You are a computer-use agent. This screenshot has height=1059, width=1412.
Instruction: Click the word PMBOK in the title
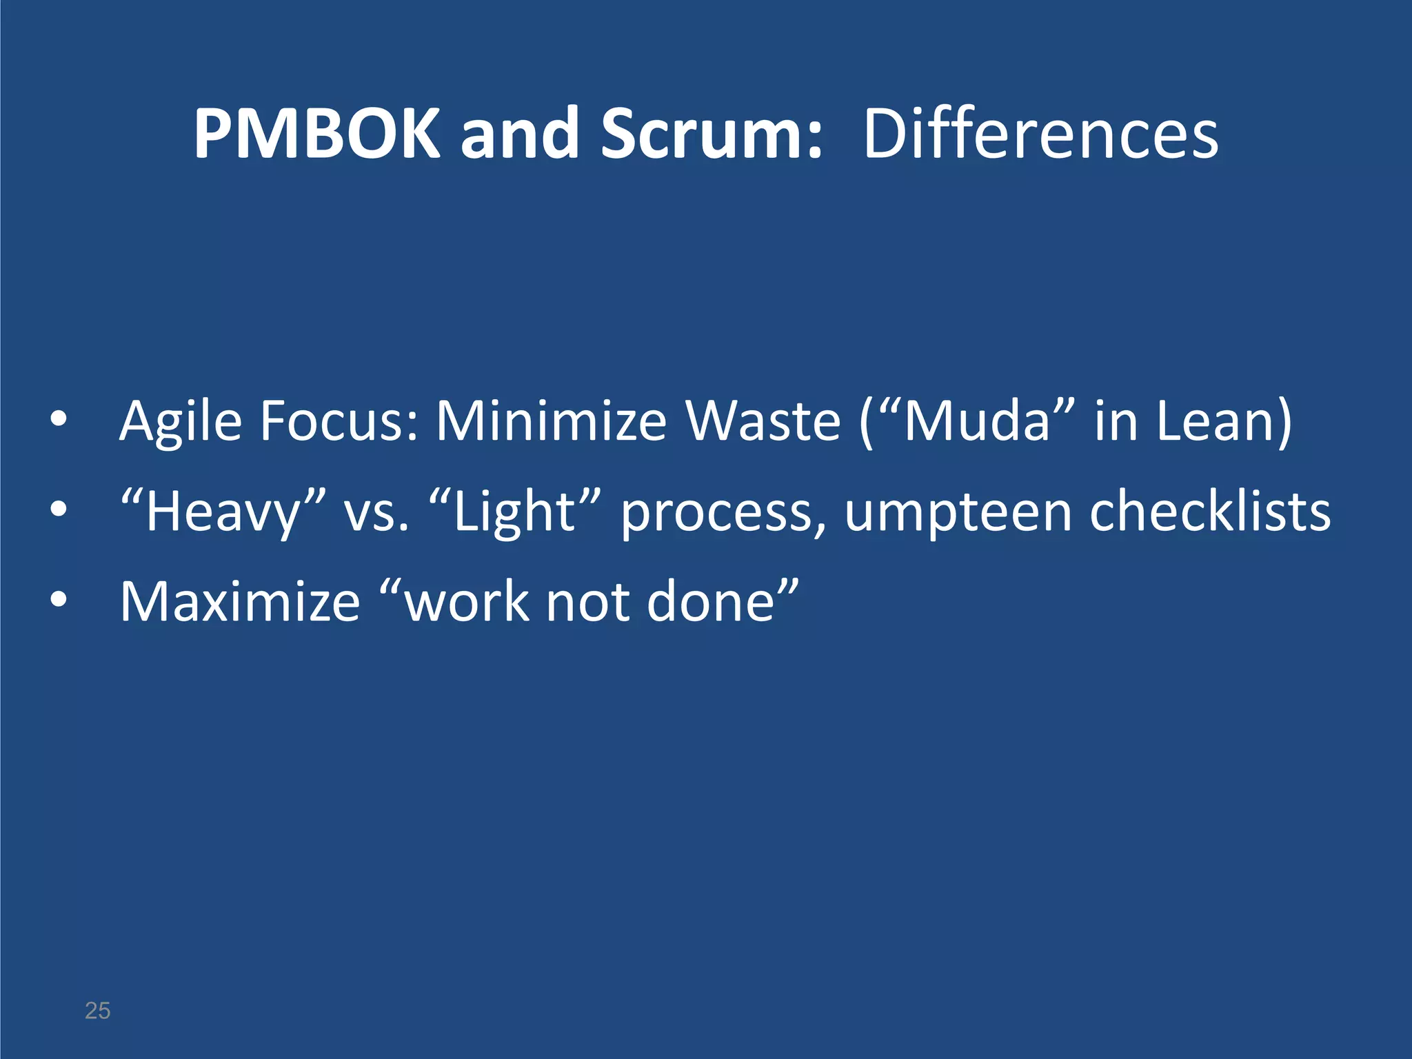point(316,134)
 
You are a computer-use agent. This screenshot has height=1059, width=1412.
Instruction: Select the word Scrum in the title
point(711,134)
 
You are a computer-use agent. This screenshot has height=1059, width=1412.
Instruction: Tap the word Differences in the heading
point(1040,134)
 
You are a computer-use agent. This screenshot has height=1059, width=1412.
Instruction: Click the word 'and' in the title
point(519,134)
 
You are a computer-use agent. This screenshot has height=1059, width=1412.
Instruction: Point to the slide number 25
point(97,1011)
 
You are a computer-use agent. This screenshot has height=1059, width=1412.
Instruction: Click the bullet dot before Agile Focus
point(59,419)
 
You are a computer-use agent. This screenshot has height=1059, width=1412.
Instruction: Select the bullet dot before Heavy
point(59,510)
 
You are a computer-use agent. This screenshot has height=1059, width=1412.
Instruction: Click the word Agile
point(181,422)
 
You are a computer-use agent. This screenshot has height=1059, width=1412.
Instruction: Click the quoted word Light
point(514,512)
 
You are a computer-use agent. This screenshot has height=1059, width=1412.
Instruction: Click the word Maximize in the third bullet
point(240,601)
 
